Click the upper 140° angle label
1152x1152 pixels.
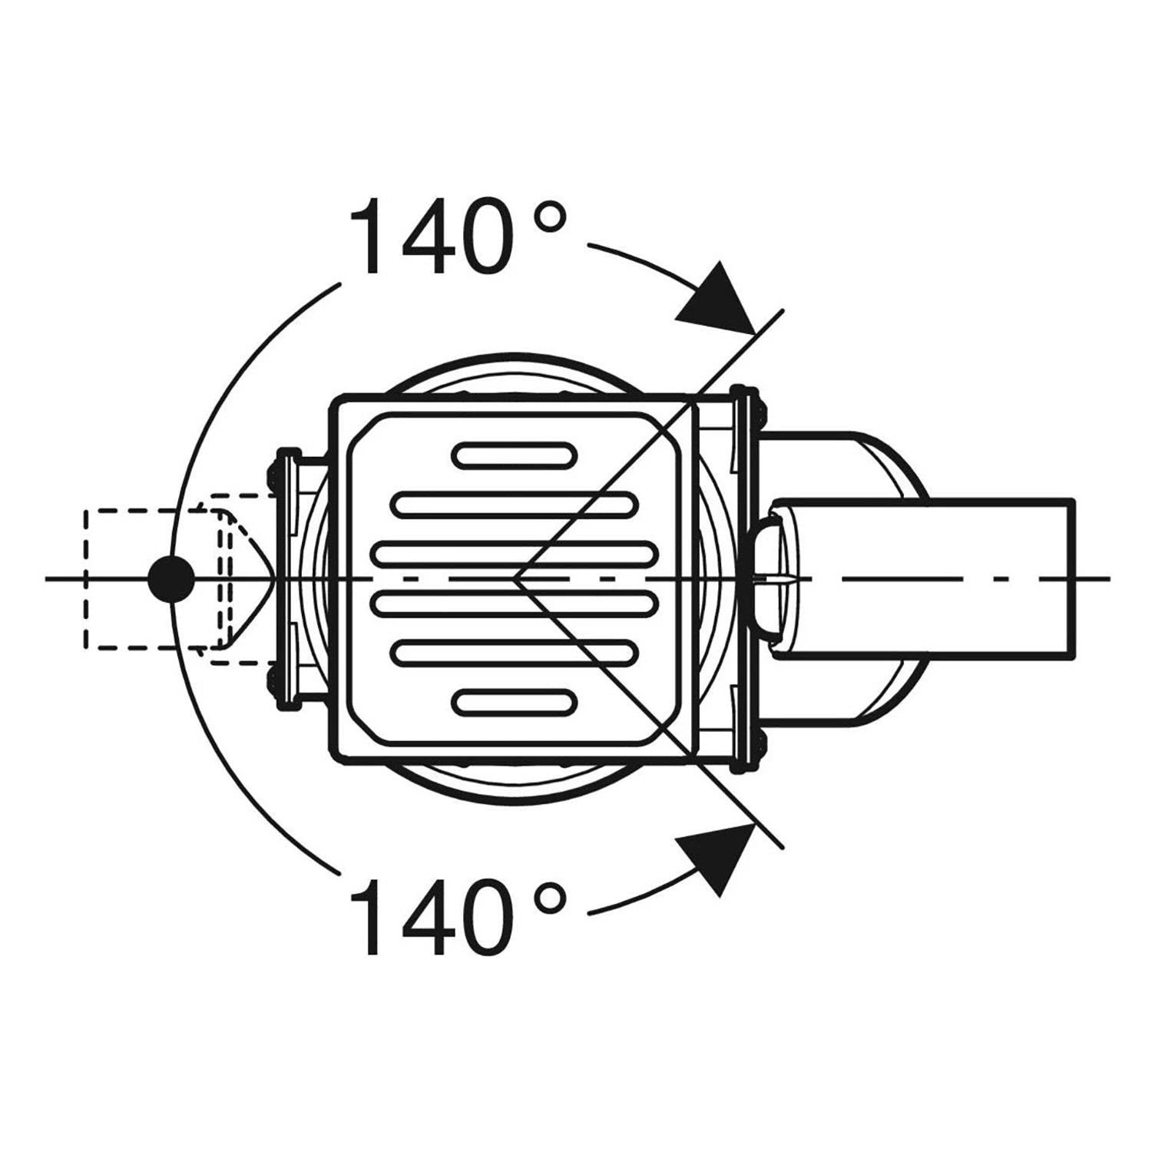458,236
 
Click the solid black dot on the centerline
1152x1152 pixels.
170,579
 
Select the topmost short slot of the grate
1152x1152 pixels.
514,455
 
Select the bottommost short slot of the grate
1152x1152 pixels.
514,702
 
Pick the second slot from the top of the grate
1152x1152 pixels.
515,505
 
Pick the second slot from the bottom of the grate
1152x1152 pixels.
515,652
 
